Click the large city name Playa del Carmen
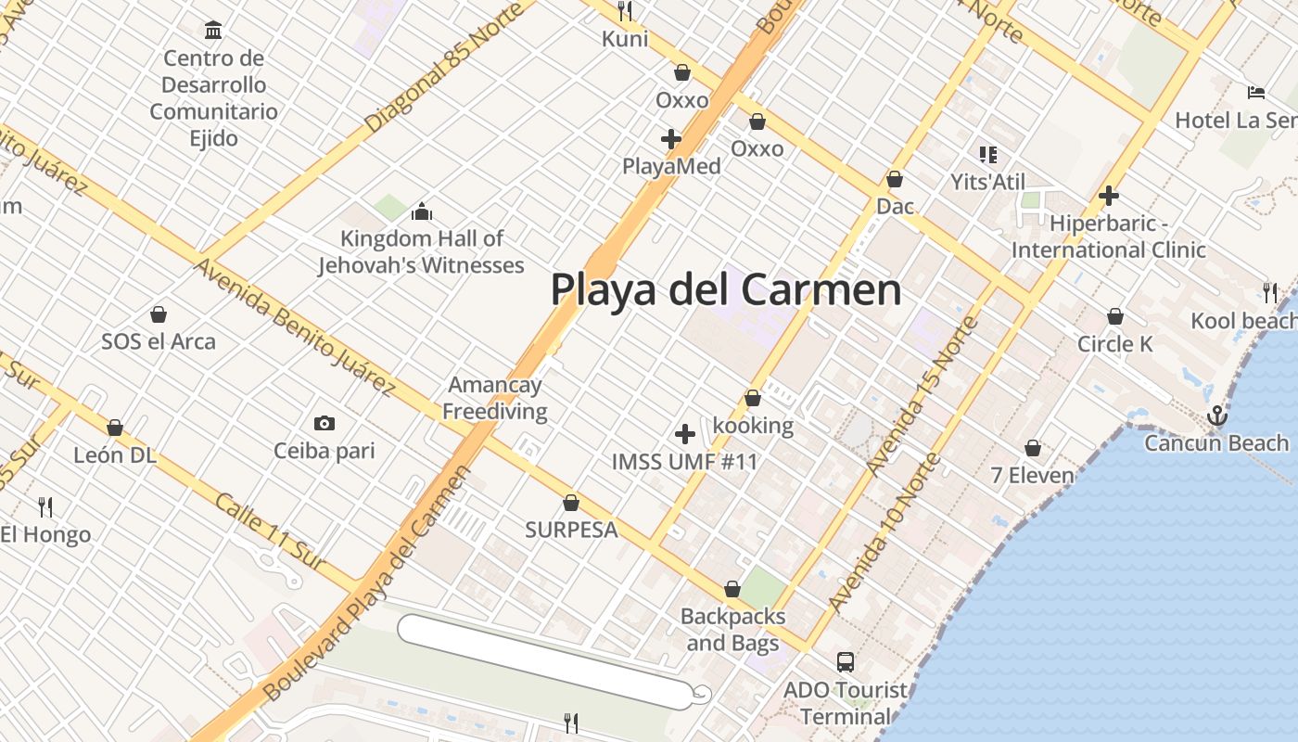pyautogui.click(x=725, y=289)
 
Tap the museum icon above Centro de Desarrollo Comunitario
pyautogui.click(x=213, y=30)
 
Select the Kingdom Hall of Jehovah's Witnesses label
pyautogui.click(x=422, y=252)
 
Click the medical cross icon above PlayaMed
pyautogui.click(x=671, y=140)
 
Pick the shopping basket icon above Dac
pyautogui.click(x=895, y=179)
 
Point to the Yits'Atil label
pyautogui.click(x=987, y=182)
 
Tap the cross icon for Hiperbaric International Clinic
pyautogui.click(x=1108, y=196)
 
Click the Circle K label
pyautogui.click(x=1114, y=344)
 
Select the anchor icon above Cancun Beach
pyautogui.click(x=1216, y=416)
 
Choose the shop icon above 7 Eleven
pyautogui.click(x=1033, y=449)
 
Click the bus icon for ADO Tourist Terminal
pyautogui.click(x=845, y=662)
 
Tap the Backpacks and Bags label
pyautogui.click(x=732, y=629)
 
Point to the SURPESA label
pyautogui.click(x=571, y=530)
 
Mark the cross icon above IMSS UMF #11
pyautogui.click(x=685, y=433)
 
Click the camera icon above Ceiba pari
pyautogui.click(x=324, y=424)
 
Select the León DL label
pyautogui.click(x=115, y=455)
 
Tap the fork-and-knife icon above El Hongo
pyautogui.click(x=45, y=506)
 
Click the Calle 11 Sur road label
pyautogui.click(x=270, y=531)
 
